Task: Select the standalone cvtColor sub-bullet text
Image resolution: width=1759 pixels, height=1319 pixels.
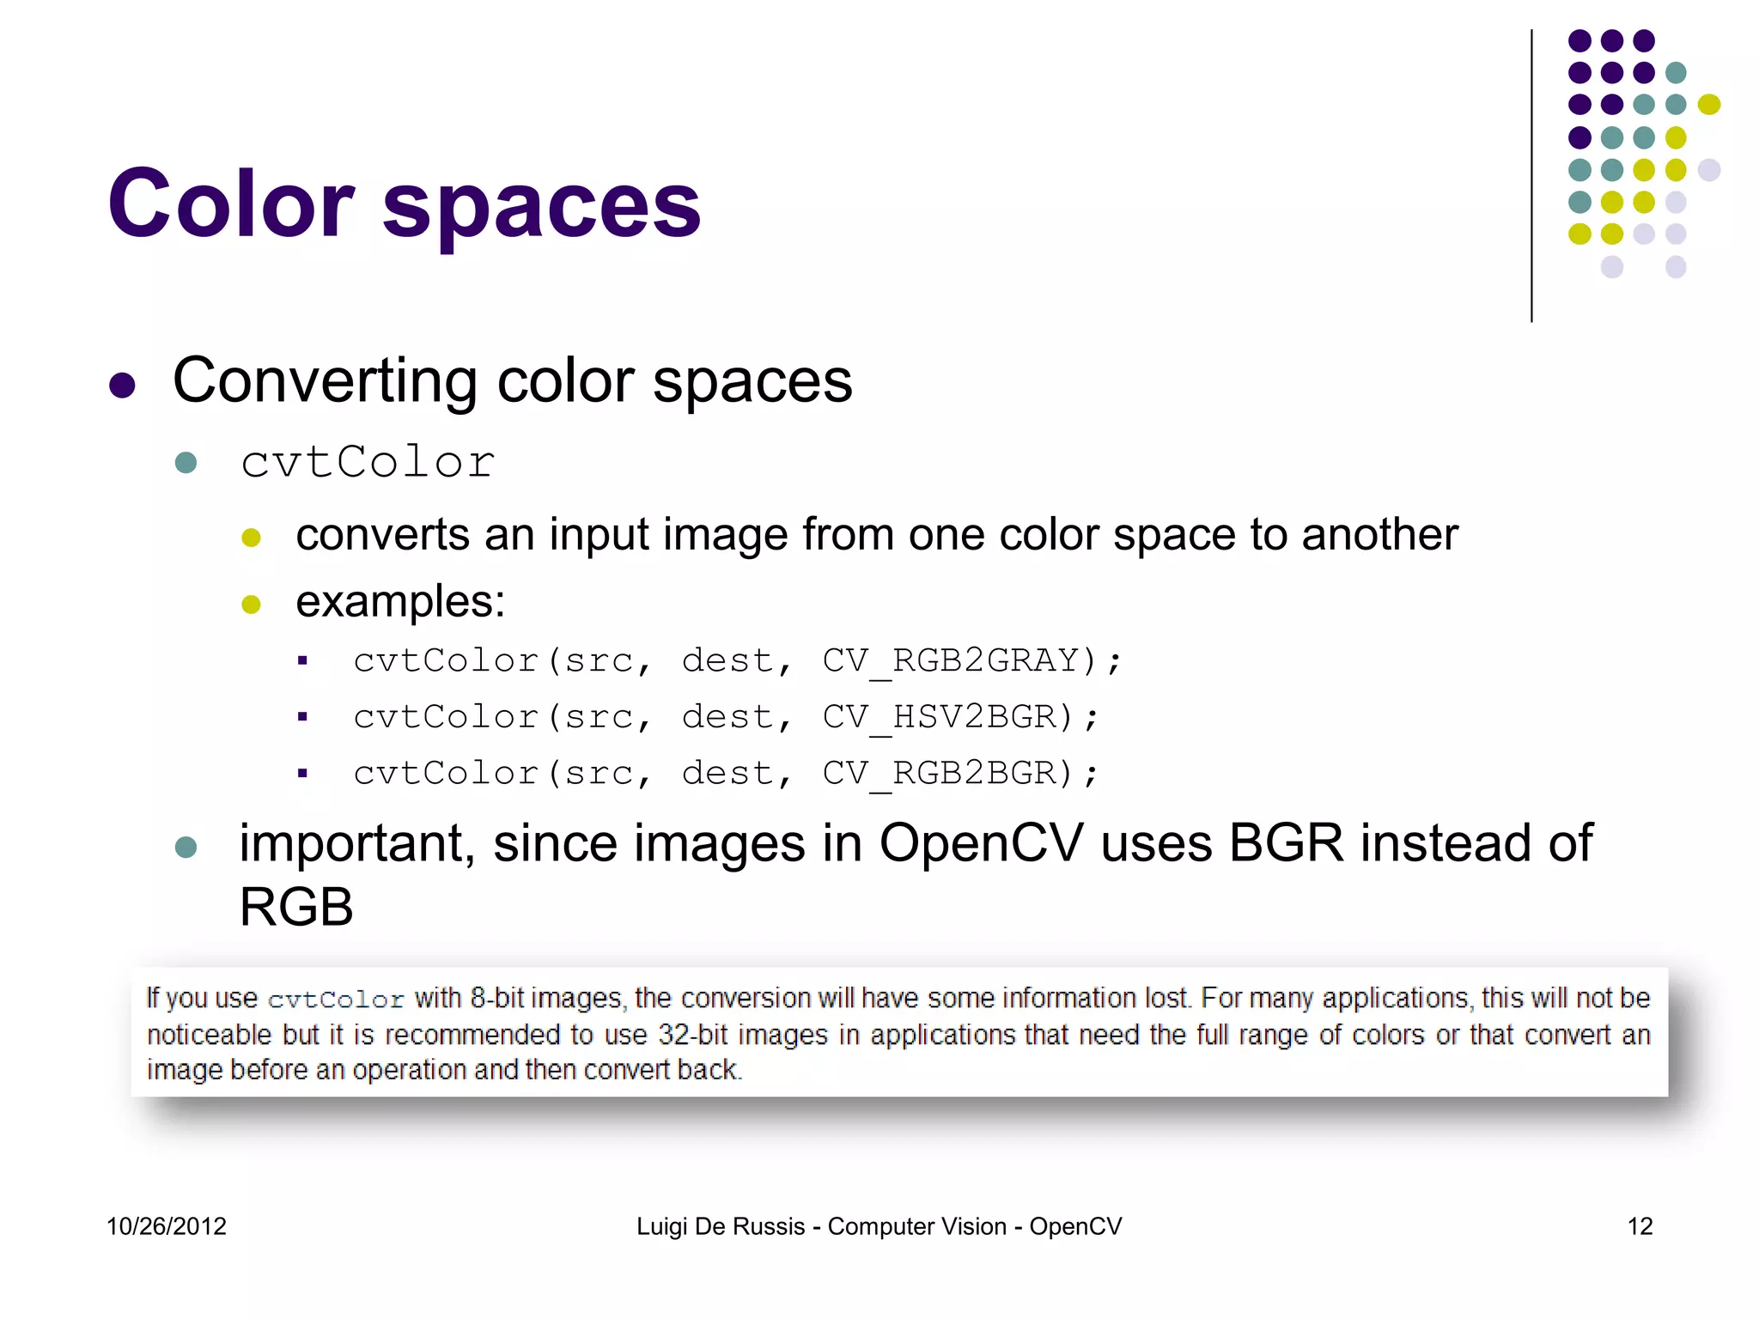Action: (368, 462)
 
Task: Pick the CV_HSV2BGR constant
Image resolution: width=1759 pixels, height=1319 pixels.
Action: (938, 717)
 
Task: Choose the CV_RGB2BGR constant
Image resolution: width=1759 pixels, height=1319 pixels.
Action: (938, 774)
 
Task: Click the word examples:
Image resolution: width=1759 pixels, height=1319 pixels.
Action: (400, 601)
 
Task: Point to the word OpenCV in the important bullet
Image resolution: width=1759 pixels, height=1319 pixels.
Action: (981, 843)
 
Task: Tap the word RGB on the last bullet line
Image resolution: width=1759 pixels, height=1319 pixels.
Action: (296, 907)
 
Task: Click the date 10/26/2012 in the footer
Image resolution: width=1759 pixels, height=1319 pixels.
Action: (167, 1226)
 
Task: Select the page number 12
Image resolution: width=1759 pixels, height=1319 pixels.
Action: (1640, 1226)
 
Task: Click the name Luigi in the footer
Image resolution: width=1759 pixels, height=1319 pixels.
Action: (661, 1226)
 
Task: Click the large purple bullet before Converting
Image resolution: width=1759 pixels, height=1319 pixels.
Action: (123, 386)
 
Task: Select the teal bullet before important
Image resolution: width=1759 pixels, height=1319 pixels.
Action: (186, 848)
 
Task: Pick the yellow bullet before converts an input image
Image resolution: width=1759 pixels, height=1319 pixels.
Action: (251, 538)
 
